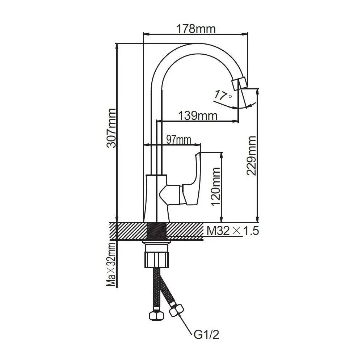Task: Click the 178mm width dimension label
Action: [195, 28]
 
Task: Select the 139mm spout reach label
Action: [198, 115]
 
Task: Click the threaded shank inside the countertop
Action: [156, 231]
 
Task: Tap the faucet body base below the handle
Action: [156, 199]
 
